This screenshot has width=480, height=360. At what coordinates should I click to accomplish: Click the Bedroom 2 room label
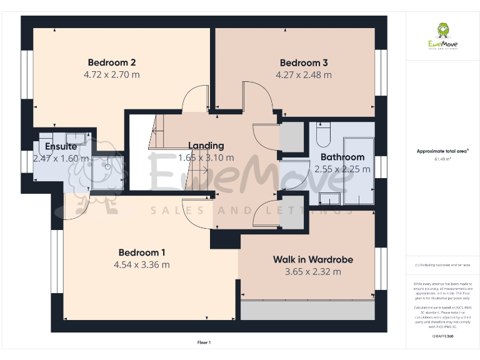coord(112,62)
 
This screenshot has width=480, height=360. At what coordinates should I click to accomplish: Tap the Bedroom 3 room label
coord(304,62)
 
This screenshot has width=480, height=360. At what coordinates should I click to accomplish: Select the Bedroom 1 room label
coord(142,252)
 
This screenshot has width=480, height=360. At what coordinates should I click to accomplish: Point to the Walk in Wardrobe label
coord(313,259)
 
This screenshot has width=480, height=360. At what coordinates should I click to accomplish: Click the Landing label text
coord(206,146)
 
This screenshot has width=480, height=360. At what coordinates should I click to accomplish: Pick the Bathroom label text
coord(342,157)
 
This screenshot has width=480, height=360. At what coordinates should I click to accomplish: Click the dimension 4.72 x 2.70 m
coord(112,74)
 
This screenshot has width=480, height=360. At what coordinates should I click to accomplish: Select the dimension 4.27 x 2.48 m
coord(304,74)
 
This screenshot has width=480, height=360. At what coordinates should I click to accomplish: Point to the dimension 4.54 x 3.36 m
coord(142,264)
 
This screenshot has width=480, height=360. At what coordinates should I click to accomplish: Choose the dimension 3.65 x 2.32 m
coord(313,271)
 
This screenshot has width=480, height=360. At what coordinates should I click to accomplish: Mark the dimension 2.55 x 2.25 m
coord(342,169)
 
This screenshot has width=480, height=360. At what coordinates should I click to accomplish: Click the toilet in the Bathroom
coord(323,134)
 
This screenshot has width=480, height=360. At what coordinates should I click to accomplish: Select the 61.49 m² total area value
coord(442,159)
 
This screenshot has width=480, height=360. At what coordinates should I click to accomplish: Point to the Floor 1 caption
coord(204,342)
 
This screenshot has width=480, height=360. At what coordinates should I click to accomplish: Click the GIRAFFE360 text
coord(442,336)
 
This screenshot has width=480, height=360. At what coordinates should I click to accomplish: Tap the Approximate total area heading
coord(442,151)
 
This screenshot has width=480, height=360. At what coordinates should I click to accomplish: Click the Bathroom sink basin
coord(328,199)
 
